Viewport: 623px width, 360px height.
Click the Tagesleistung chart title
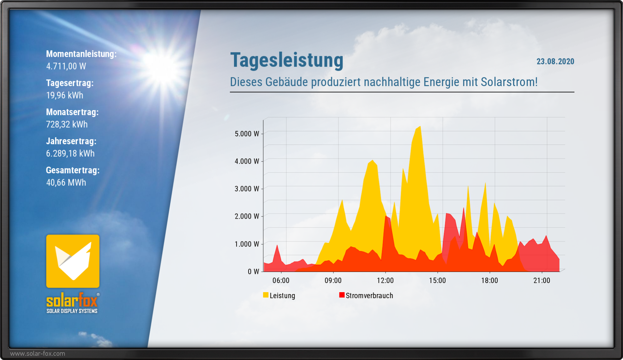point(286,60)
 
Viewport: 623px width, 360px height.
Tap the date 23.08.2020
point(555,61)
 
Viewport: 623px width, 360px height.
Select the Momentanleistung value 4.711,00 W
point(66,66)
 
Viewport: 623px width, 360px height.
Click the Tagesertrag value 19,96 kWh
point(65,95)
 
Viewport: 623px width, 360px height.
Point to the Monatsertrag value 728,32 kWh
point(67,124)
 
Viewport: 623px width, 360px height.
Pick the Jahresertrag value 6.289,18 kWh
point(70,153)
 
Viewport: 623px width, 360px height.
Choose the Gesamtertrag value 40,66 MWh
point(66,182)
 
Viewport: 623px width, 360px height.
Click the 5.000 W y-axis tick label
point(247,134)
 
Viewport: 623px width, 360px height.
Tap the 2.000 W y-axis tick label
point(247,216)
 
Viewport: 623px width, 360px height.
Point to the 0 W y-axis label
point(253,271)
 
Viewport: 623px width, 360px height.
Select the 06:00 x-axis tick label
point(281,280)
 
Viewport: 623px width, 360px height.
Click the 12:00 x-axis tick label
point(385,280)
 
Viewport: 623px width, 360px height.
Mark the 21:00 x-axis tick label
point(542,280)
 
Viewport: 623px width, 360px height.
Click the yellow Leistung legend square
point(266,295)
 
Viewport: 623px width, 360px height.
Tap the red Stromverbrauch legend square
point(342,295)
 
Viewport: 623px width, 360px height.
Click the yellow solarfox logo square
point(73,261)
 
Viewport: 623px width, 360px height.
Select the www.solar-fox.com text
point(38,354)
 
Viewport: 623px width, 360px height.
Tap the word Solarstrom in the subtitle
point(509,82)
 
